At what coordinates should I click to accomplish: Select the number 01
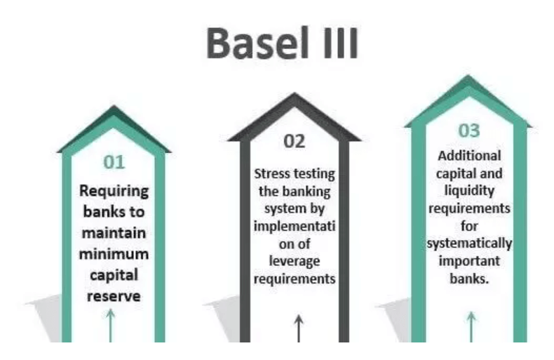114,163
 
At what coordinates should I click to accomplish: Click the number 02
295,140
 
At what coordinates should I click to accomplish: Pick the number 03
469,131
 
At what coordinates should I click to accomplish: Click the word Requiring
114,190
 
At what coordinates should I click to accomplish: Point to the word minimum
114,252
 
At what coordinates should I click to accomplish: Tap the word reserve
114,295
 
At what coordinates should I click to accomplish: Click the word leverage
295,259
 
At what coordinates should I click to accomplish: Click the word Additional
469,156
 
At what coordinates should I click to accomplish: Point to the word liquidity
469,191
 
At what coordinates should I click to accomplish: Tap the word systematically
469,244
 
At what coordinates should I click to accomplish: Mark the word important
469,261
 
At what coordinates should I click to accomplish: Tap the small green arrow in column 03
471,326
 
